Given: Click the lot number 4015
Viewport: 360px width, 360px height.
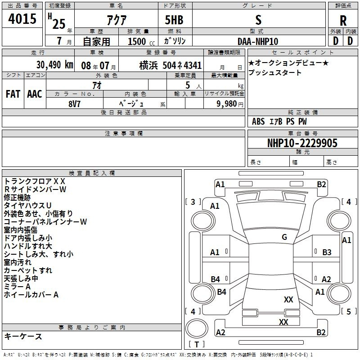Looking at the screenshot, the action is pyautogui.click(x=22, y=18).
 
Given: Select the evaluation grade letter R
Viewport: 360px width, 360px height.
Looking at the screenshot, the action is pyautogui.click(x=343, y=21).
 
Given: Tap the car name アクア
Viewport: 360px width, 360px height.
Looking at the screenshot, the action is pyautogui.click(x=117, y=20).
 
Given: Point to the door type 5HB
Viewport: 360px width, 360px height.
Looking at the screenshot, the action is pyautogui.click(x=174, y=20).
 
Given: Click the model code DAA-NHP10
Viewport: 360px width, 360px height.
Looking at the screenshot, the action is pyautogui.click(x=258, y=41).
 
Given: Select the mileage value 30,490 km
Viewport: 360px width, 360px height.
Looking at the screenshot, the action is pyautogui.click(x=55, y=65).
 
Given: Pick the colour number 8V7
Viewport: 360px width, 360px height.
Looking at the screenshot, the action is pyautogui.click(x=74, y=104).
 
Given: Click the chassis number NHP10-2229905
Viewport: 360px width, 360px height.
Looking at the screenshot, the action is pyautogui.click(x=302, y=143).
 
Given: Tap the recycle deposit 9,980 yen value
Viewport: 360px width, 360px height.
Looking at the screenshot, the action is pyautogui.click(x=230, y=104).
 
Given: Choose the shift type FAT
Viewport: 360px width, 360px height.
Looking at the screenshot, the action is pyautogui.click(x=13, y=94).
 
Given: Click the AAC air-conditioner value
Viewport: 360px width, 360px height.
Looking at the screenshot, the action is pyautogui.click(x=35, y=94).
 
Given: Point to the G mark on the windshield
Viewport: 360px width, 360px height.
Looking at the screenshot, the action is pyautogui.click(x=284, y=237).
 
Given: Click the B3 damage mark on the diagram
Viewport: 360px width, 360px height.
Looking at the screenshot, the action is pyautogui.click(x=327, y=252).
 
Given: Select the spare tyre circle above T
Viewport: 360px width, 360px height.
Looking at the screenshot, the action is pyautogui.click(x=197, y=328).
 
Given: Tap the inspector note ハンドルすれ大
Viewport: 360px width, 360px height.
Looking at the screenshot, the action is pyautogui.click(x=28, y=246).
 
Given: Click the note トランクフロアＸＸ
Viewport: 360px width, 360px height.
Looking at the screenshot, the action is pyautogui.click(x=35, y=181).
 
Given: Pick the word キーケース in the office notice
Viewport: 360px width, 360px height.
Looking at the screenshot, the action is pyautogui.click(x=23, y=337).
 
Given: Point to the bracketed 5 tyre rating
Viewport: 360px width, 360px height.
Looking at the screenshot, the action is pyautogui.click(x=349, y=311).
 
